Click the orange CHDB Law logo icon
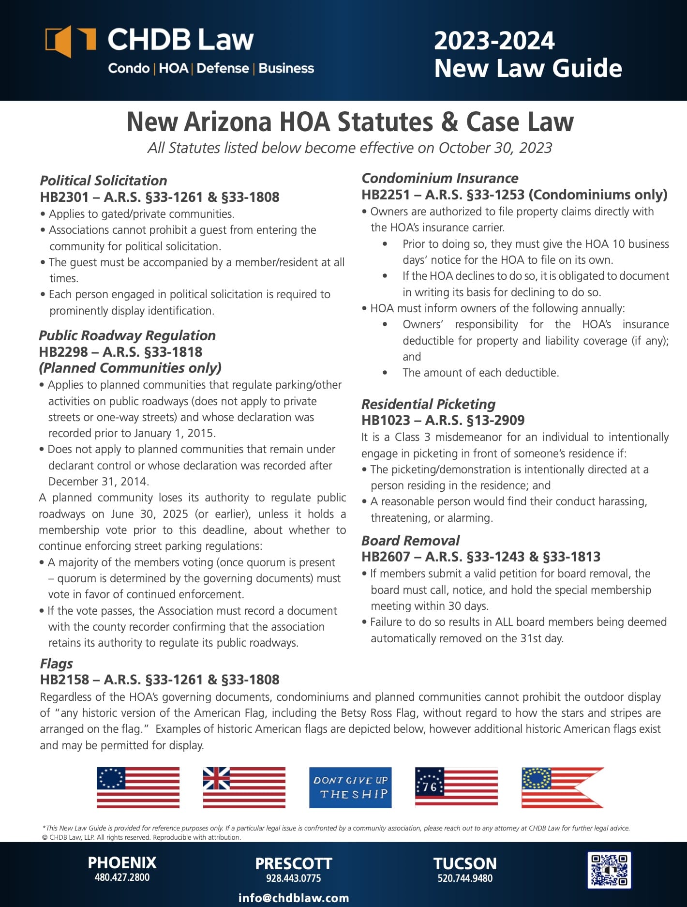coord(70,41)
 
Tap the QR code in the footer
coord(609,870)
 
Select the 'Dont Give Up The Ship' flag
coord(350,787)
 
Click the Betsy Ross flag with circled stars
coord(138,787)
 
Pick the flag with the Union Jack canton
coord(244,787)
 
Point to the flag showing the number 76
coord(456,787)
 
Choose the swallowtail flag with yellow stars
coord(562,787)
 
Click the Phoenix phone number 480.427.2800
coord(122,877)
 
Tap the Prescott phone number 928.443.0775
coord(293,878)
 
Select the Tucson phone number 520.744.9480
coord(465,878)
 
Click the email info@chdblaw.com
coord(294,898)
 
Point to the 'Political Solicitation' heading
coord(104,181)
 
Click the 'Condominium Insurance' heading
coord(440,178)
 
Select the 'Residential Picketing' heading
coord(428,404)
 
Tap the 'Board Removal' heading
coord(410,541)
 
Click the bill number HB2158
coord(64,680)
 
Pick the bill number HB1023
coord(386,420)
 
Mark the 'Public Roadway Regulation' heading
coord(127,335)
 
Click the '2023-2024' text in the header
coord(494,41)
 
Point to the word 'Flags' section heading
coord(57,664)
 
